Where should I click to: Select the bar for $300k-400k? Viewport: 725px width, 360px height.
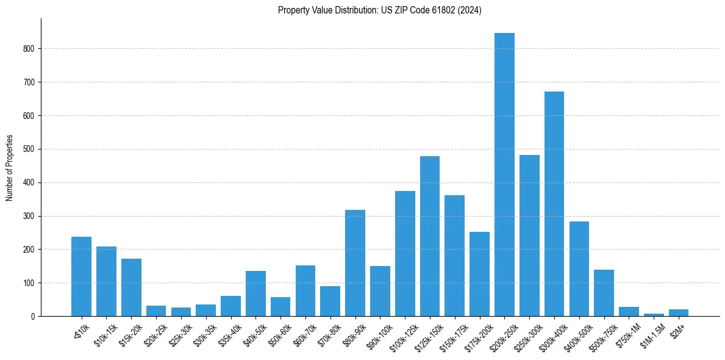coord(554,204)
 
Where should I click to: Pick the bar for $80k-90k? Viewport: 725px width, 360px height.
coord(355,263)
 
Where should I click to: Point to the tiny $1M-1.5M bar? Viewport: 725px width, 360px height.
coord(654,315)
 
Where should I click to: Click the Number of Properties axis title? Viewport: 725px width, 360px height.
coord(10,168)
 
